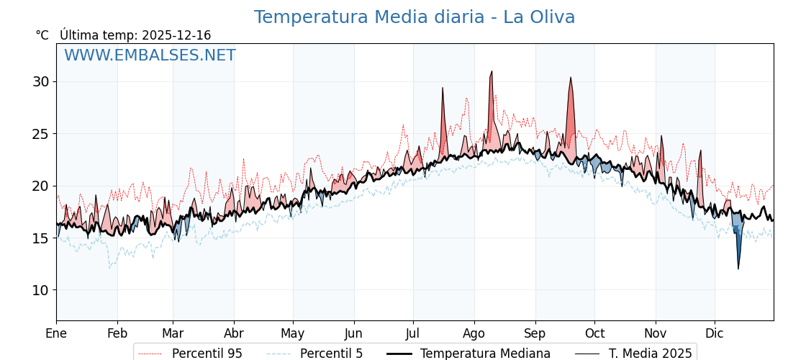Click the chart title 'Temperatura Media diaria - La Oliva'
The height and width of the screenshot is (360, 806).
(415, 17)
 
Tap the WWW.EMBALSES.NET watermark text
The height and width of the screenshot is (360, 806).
(150, 55)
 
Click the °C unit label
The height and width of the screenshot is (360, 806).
(42, 35)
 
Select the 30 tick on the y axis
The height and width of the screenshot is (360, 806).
(40, 81)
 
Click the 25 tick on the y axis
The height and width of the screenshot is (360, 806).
(40, 134)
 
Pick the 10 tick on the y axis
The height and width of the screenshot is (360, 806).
(40, 290)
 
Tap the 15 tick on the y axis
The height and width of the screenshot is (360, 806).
(40, 238)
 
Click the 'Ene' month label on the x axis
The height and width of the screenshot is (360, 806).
(56, 333)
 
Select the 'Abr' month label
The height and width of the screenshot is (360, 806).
(234, 333)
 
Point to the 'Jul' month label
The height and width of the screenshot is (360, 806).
(413, 333)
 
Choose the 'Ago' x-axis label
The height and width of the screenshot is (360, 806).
(474, 333)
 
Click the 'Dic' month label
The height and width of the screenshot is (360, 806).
(715, 333)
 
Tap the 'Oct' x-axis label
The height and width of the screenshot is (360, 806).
(594, 333)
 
